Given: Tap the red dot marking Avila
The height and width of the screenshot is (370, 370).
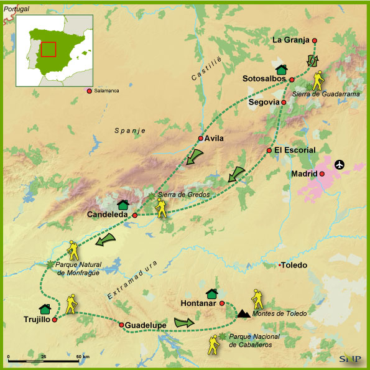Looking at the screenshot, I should (200, 138).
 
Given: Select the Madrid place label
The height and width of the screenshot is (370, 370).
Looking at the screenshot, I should (304, 173).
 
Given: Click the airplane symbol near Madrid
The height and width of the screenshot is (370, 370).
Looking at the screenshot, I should (339, 165).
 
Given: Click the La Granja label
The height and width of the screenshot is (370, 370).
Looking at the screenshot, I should (291, 40).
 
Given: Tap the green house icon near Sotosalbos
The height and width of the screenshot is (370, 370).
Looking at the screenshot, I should (281, 70).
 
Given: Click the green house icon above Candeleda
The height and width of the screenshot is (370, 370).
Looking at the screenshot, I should (123, 204).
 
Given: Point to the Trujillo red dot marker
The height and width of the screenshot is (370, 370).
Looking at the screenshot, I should (55, 320).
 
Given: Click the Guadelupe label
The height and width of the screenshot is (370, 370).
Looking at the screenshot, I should (145, 325).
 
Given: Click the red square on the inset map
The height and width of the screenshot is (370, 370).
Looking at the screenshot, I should (49, 49).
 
